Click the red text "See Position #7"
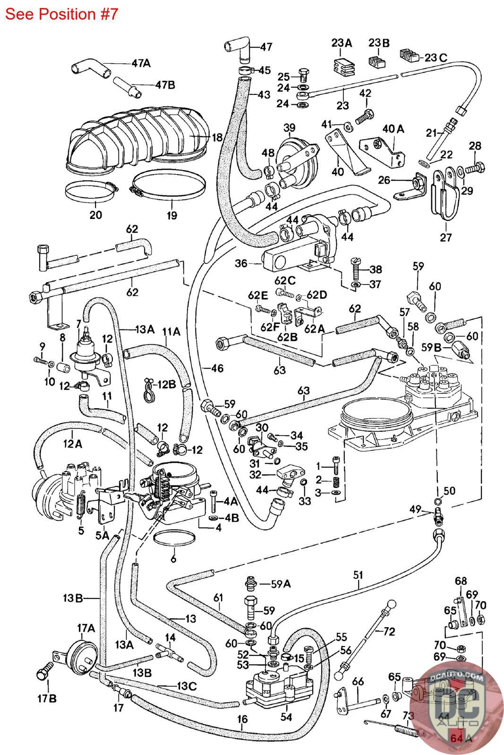61,14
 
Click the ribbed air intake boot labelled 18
137,139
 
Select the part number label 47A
140,63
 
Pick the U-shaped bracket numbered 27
445,193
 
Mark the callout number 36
241,263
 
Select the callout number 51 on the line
359,575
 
